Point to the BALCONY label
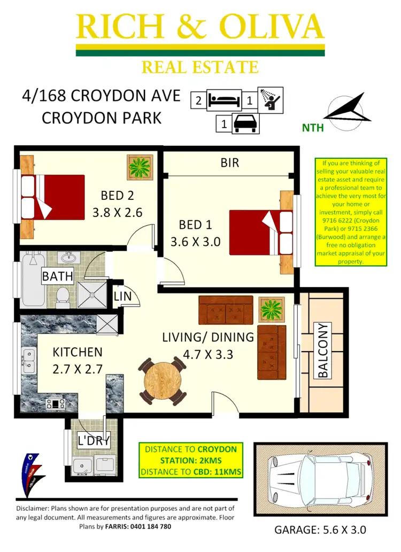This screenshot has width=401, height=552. click(x=323, y=351)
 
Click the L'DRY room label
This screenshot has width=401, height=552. click(x=94, y=441)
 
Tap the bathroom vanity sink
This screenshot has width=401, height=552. click(x=68, y=259)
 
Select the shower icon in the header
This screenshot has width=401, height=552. click(x=271, y=99)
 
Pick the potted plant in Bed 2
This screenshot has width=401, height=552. click(x=140, y=167)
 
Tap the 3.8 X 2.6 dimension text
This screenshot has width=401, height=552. click(x=117, y=212)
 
